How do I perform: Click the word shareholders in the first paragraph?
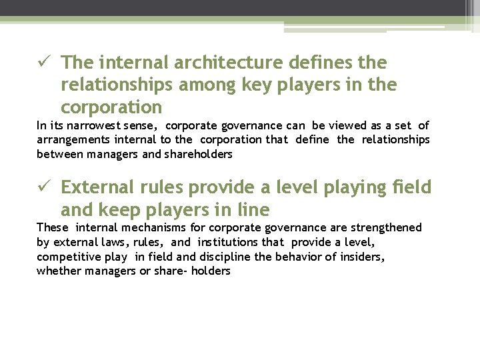click(x=199, y=155)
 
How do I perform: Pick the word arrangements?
click(x=73, y=140)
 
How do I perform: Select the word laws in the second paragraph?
click(x=110, y=243)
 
